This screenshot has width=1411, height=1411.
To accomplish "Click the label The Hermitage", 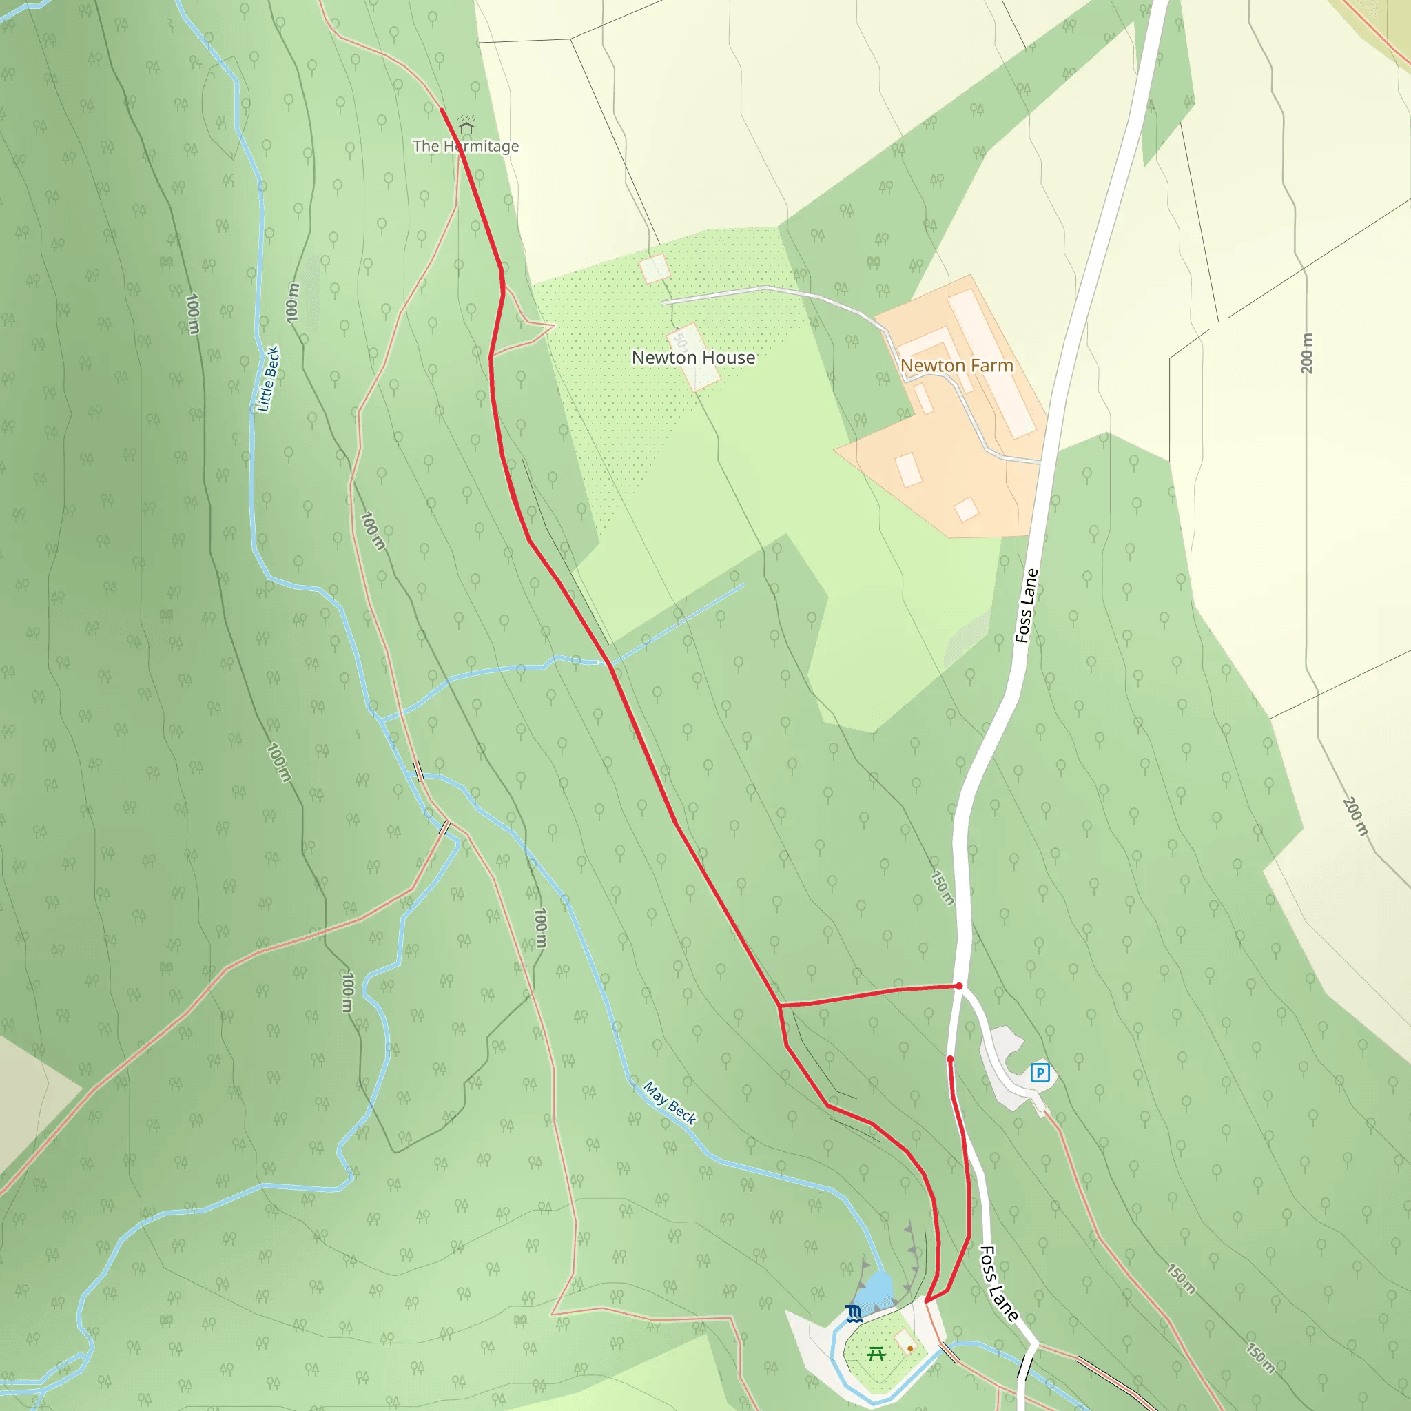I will point(465,146).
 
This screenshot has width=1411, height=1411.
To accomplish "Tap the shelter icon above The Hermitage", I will point(466,126).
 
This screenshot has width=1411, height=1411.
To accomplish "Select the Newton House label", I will point(693,358).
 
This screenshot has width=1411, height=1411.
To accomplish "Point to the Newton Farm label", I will point(956,365).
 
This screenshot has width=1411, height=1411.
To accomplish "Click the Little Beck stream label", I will point(269,379).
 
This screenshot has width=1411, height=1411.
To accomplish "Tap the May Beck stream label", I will point(669,1103).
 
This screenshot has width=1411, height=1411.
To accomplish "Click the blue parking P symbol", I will point(1039,1072).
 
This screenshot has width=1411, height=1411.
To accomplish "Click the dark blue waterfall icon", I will point(854,1314).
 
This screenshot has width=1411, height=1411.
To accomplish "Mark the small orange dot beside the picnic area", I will point(910,1348).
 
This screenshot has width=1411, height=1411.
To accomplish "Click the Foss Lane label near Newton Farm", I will point(1026,606).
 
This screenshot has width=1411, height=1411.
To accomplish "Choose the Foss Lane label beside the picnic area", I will point(998,1284).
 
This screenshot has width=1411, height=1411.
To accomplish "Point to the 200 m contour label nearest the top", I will point(1306,353).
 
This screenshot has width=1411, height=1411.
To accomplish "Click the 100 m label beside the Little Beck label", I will point(293,302).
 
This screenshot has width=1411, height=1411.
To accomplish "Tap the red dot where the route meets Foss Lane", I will point(959,986).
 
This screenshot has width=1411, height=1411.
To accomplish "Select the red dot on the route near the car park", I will point(949,1058).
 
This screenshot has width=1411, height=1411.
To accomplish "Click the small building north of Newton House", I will point(655,268).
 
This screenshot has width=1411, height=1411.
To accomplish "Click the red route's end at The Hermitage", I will point(442,110).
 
